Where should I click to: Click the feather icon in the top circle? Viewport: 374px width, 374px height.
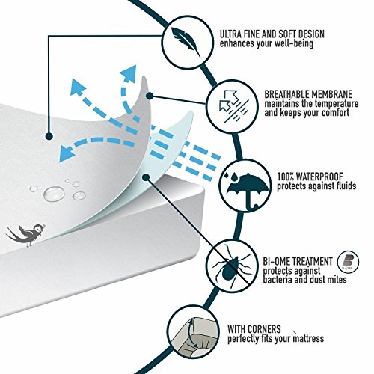[x=186, y=42]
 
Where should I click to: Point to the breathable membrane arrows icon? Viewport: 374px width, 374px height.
[x=233, y=106]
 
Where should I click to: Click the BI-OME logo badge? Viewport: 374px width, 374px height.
[x=348, y=262]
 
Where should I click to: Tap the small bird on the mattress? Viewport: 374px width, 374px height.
[x=25, y=234]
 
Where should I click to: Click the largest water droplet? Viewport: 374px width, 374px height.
[x=54, y=193]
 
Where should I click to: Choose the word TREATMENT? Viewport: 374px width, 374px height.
[x=312, y=261]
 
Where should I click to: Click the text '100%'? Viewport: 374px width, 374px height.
[x=285, y=177]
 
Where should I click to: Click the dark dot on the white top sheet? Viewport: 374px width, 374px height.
[x=49, y=136]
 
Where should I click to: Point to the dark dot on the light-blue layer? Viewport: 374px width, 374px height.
[x=146, y=177]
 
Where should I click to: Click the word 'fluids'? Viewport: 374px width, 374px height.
[x=345, y=186]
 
